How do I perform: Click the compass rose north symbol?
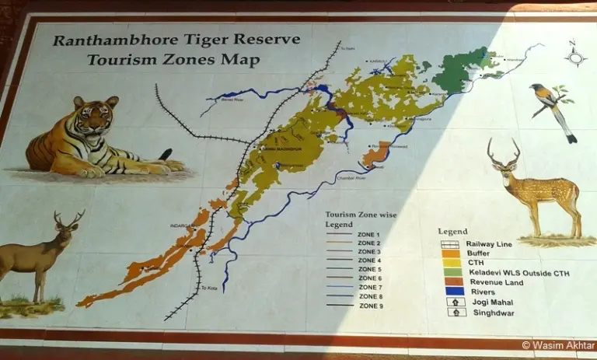pyautogui.click(x=575, y=54)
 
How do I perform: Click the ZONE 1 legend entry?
pyautogui.click(x=368, y=234)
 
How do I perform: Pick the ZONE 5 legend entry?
pyautogui.click(x=368, y=270)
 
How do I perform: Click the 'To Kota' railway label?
pyautogui.click(x=208, y=288)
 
